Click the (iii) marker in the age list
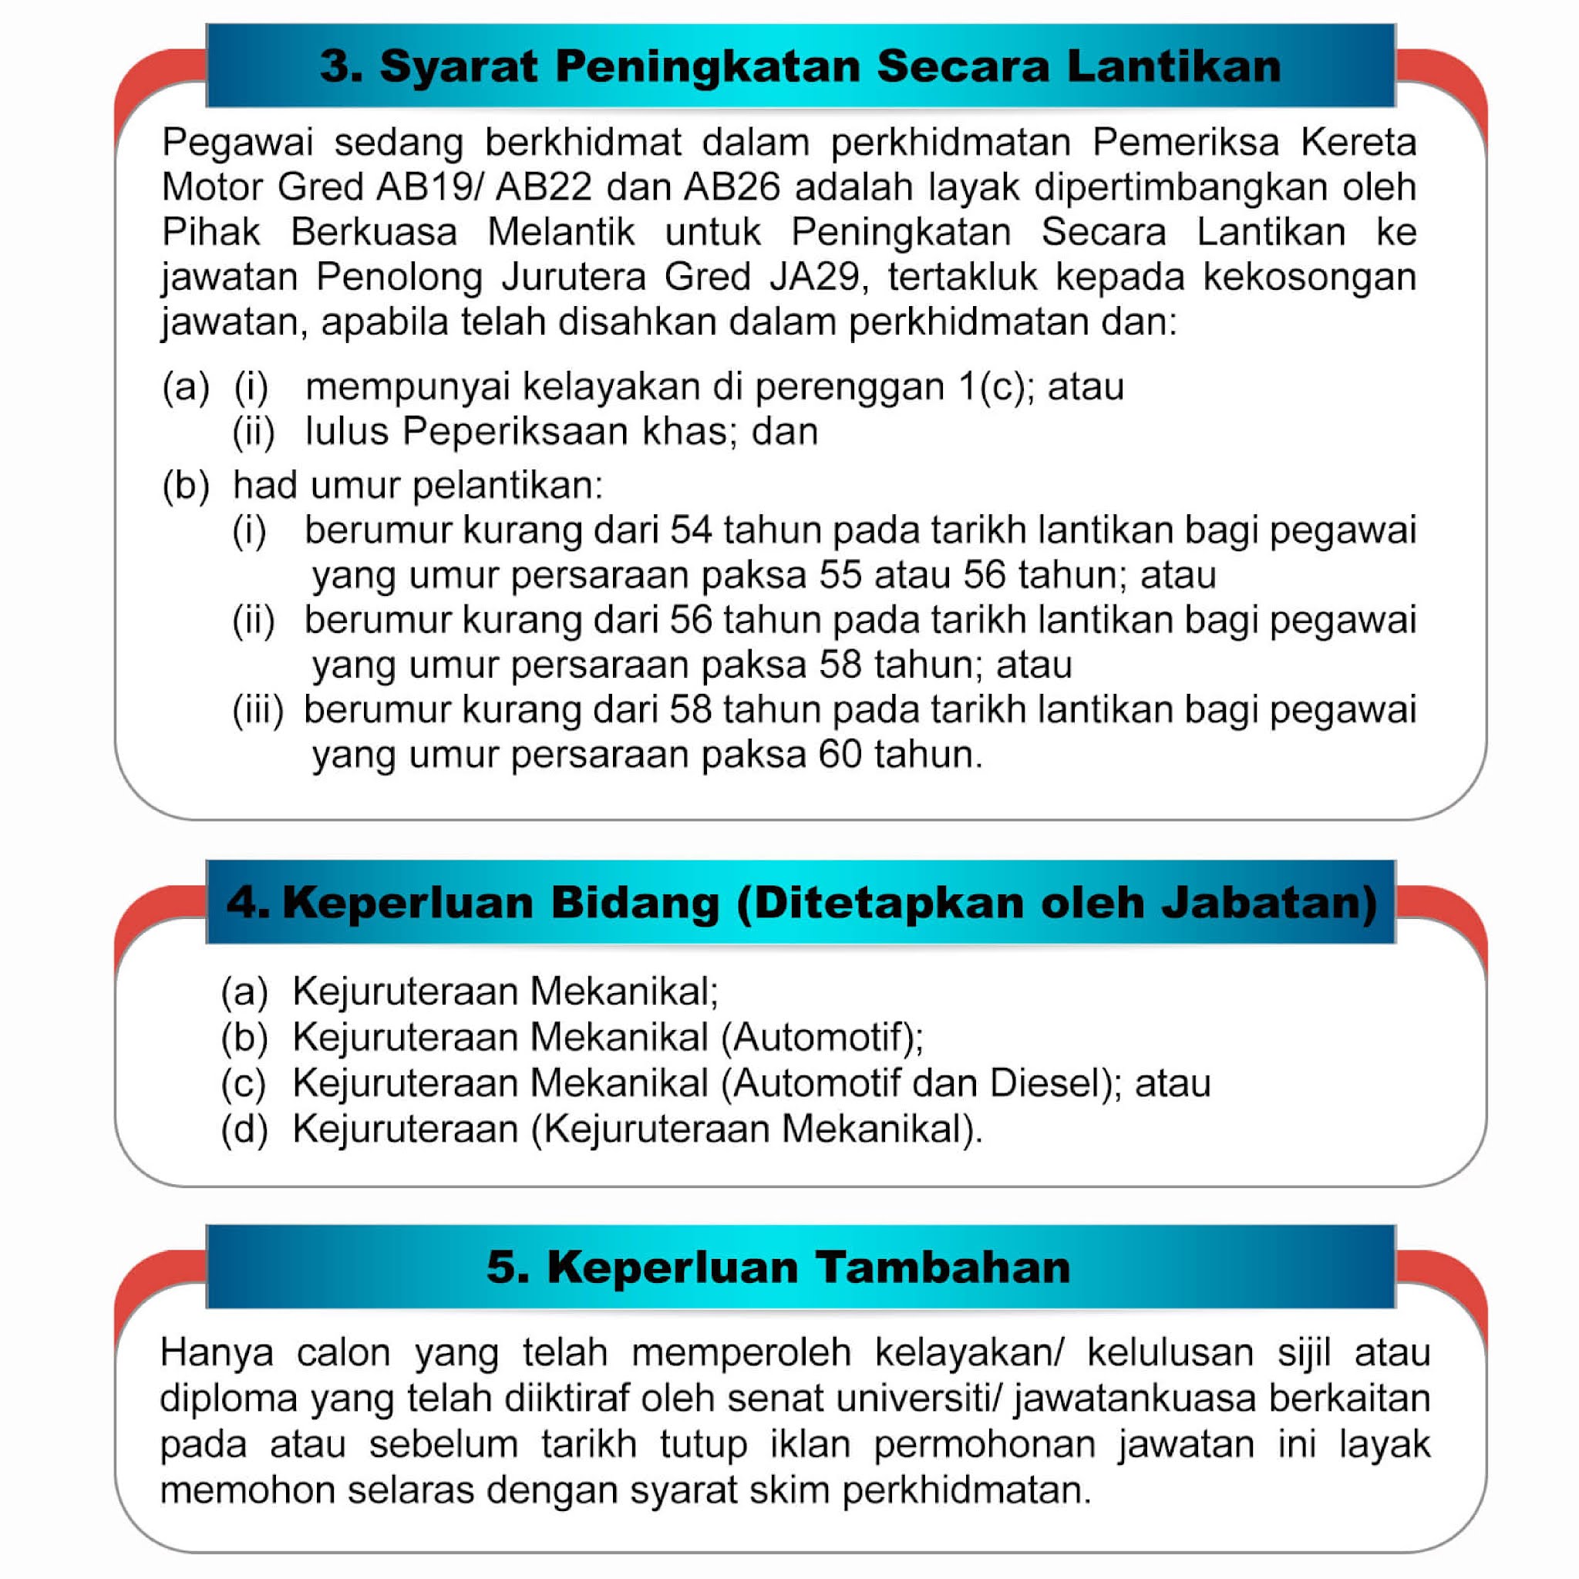click(258, 709)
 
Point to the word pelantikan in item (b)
click(507, 486)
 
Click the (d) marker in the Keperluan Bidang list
click(244, 1129)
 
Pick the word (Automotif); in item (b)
click(822, 1037)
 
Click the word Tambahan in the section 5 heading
click(943, 1268)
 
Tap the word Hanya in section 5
click(217, 1352)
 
